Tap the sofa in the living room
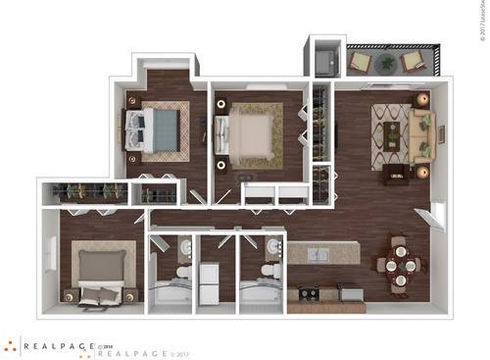tap(423, 136)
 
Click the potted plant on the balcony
tap(387, 64)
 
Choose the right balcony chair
tap(413, 64)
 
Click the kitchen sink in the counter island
tap(316, 255)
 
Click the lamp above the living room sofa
tap(422, 99)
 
